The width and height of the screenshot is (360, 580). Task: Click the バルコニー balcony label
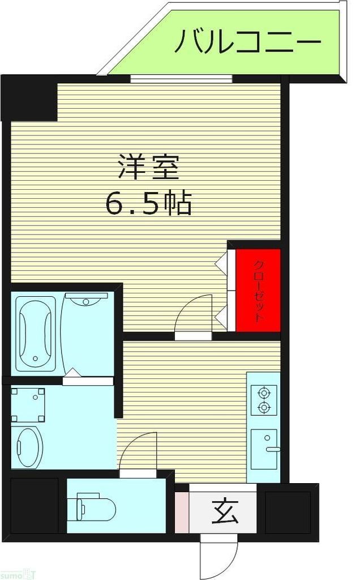pos(247,42)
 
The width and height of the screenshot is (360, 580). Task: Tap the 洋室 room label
pos(148,168)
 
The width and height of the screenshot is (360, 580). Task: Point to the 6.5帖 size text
pos(148,203)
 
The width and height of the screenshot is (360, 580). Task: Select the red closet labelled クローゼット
pos(258,290)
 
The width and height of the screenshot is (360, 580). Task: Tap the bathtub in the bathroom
pos(35,334)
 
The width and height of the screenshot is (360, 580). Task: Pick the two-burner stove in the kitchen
pos(264,399)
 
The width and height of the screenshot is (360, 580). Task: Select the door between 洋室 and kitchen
pos(192,318)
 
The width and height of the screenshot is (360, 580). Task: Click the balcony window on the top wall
pos(181,79)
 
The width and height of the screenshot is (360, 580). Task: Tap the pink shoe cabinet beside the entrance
pos(182,513)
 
